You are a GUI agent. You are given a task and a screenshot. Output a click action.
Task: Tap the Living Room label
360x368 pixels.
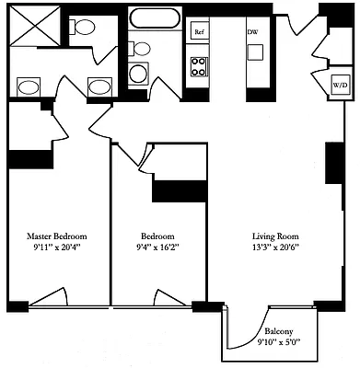[x=275, y=235]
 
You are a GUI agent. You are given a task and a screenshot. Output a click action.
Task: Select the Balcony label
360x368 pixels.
[x=280, y=332]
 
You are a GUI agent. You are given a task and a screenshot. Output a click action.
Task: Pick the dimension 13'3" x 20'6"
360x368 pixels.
[x=275, y=247]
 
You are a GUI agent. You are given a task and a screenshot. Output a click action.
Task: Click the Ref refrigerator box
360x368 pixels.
[x=198, y=30]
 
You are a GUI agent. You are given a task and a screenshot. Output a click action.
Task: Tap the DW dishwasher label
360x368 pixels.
[x=252, y=31]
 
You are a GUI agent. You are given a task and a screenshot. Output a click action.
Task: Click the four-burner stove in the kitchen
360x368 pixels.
[x=198, y=65]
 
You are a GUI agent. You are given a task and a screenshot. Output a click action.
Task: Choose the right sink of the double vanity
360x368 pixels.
[x=99, y=87]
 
